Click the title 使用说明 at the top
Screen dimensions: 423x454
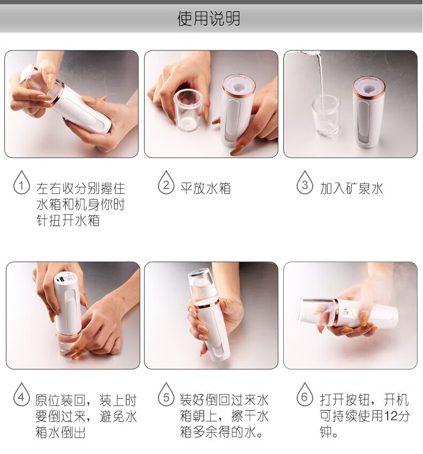pos(208,18)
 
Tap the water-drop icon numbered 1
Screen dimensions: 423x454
pos(21,183)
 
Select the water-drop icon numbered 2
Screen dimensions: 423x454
pos(166,183)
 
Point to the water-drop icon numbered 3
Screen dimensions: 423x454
pos(305,183)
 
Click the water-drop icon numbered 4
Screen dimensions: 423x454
pos(21,395)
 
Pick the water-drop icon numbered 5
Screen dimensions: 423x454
pos(166,395)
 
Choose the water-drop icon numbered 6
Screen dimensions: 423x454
pos(305,395)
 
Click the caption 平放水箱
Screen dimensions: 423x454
pos(205,188)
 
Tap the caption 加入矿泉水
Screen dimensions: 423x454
pos(351,188)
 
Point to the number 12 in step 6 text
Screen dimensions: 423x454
pos(390,416)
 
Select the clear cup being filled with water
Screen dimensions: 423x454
pos(326,116)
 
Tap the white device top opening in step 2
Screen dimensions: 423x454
pos(239,85)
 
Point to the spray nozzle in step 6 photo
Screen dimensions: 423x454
pos(346,312)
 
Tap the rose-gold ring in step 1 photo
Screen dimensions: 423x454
pos(59,93)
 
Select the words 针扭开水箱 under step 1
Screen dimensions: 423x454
pos(68,221)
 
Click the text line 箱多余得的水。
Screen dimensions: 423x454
pos(222,432)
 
